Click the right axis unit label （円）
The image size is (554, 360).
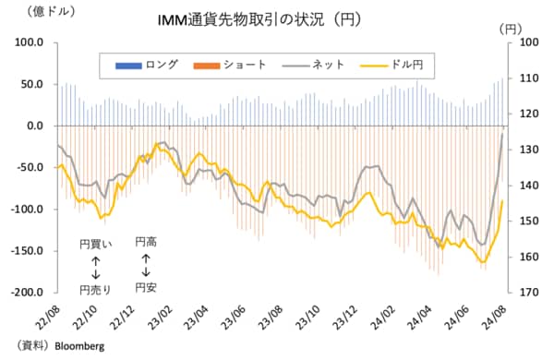click(x=513, y=30)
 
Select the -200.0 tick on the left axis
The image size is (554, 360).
click(x=27, y=293)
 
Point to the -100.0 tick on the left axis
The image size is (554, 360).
click(x=27, y=210)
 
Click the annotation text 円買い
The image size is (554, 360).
click(x=95, y=246)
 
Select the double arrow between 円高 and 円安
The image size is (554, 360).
click(x=146, y=265)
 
